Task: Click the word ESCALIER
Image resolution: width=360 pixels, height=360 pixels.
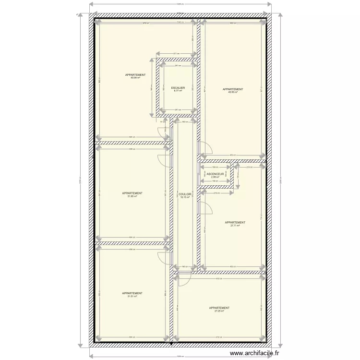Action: coord(178,88)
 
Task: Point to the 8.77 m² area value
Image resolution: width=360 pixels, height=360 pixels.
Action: coord(178,91)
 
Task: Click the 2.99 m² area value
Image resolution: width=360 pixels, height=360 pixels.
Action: coord(215,177)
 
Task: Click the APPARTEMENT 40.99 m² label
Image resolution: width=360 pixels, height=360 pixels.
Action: coord(135,76)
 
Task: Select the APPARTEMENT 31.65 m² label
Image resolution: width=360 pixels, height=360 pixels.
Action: coord(132,194)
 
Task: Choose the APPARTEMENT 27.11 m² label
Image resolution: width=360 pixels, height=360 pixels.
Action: coord(235,224)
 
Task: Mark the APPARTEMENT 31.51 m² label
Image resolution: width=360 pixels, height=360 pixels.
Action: coord(132,294)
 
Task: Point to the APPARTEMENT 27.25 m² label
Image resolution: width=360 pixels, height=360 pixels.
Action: coord(219,309)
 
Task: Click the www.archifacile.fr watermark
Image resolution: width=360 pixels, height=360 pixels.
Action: coord(254,353)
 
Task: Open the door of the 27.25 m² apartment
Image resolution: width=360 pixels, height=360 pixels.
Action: coord(185,280)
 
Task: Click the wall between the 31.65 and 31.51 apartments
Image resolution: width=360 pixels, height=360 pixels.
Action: coord(132,243)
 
